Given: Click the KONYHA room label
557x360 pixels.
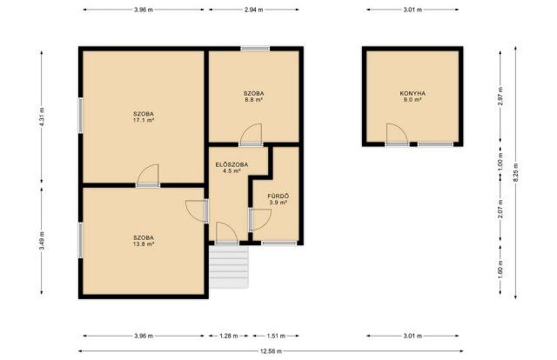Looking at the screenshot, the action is point(413,93).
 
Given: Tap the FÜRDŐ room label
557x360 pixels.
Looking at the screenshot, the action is point(278,196).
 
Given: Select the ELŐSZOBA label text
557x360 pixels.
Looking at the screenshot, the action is point(232,164).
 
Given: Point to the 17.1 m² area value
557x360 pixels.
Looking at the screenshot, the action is point(144,120).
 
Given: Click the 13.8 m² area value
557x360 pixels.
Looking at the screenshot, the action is point(144,243).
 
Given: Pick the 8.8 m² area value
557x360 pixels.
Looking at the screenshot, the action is point(253,100).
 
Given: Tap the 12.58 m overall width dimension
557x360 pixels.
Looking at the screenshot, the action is point(271,351).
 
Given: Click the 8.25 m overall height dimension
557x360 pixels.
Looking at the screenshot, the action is point(515,172).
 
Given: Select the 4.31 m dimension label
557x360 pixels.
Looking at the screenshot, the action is point(42,117).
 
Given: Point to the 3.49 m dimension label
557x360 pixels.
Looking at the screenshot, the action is point(42,241).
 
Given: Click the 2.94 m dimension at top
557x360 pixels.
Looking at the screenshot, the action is point(253,10).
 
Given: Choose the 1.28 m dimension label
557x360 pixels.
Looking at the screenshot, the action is point(228,336).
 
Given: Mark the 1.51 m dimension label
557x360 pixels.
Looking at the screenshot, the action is point(276,336).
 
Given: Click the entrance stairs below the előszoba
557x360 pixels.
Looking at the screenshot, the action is point(228,267).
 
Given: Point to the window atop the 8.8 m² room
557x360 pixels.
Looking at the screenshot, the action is point(255,49).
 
